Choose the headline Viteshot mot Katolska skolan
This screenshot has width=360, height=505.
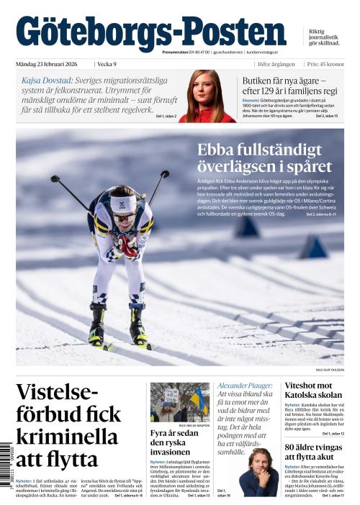click(313, 391)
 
